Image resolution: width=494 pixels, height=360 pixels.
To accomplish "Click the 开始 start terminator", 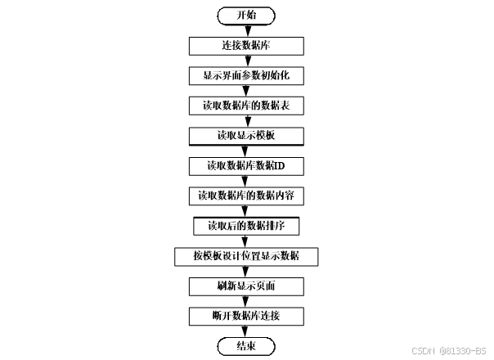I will coord(246,16).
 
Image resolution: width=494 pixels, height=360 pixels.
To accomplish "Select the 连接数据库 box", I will coord(246,46).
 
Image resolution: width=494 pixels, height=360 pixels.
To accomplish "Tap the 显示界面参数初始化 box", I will coord(246,75).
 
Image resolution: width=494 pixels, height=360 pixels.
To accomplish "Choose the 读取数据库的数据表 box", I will coord(246,106).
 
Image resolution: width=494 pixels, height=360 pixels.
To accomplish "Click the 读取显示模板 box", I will coord(246,135).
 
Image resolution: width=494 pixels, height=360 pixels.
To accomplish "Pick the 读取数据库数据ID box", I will coord(246,165).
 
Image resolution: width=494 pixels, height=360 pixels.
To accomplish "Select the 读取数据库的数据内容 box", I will coord(246,196).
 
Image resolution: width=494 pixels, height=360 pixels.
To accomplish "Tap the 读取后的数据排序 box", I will coord(246,226).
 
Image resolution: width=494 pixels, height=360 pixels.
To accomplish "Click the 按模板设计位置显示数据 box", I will coord(246,256).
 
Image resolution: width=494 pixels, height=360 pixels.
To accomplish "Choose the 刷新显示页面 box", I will coord(246,286).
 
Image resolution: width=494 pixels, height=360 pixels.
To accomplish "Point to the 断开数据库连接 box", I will coord(246,316).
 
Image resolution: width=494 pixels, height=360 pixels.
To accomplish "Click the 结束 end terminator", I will coord(246,346).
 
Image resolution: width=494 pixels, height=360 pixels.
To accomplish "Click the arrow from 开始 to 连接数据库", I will coord(246,30).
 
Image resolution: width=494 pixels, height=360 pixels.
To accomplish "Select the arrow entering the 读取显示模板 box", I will coord(246,120).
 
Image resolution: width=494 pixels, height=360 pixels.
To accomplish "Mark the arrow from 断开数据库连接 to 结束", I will coord(246,331).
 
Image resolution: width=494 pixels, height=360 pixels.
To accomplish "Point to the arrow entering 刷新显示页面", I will coord(246,272).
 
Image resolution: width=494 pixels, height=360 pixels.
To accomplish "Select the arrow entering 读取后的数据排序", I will coord(246,211).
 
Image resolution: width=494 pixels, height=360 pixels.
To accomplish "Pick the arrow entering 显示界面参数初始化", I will coord(246,61).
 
